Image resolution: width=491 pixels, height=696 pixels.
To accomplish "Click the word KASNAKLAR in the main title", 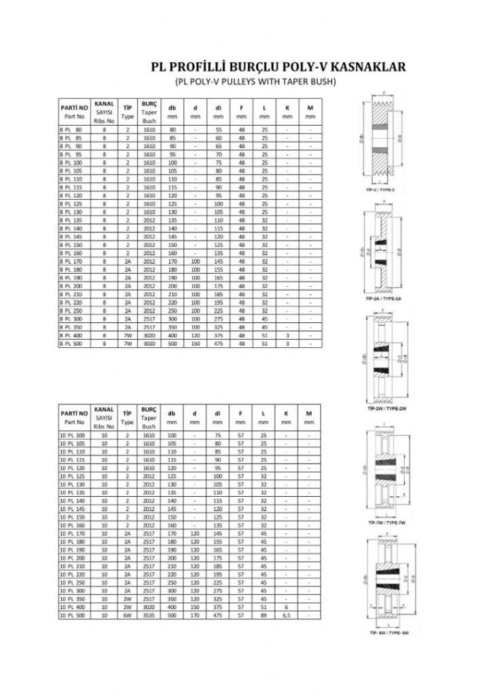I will [x=367, y=67].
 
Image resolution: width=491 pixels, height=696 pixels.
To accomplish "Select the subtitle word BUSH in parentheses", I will [x=323, y=82].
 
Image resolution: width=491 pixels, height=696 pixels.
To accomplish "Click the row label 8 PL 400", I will [x=70, y=336].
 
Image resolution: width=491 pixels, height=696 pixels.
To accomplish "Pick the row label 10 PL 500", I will [x=71, y=614].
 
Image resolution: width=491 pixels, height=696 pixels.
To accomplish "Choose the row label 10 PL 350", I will [x=71, y=600].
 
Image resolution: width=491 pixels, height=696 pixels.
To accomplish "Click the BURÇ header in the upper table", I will [x=149, y=103].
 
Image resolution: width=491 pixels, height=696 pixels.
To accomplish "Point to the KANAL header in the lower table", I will [x=104, y=409].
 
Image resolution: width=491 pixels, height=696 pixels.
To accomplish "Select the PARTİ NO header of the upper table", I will [x=73, y=107].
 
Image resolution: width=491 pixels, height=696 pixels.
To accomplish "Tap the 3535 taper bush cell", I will [x=149, y=614].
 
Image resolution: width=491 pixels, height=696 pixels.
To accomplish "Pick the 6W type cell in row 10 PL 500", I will [x=127, y=614].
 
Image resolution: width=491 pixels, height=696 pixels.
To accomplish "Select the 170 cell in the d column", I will [x=195, y=614].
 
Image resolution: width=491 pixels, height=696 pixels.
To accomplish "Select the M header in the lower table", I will [x=310, y=413].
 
